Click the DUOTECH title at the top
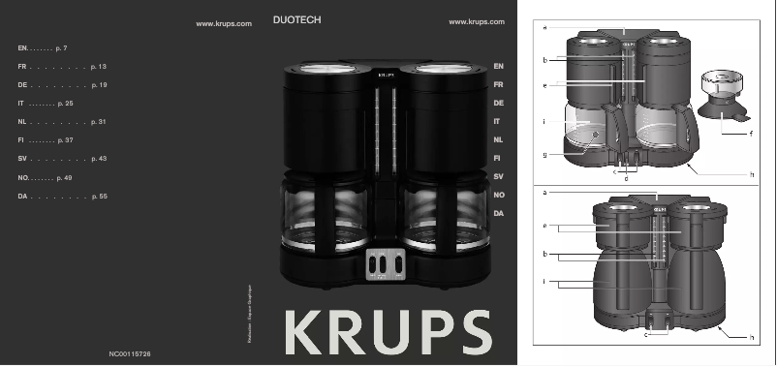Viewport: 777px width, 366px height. point(297,19)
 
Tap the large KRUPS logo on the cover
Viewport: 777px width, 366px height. point(387,331)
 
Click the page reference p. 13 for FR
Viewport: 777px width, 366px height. point(97,67)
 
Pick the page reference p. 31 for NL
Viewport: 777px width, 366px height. point(97,122)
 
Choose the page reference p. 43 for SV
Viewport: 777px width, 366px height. point(97,159)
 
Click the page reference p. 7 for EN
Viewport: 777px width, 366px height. point(63,47)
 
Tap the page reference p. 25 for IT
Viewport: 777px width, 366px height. point(66,104)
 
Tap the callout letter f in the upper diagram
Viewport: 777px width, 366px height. point(751,133)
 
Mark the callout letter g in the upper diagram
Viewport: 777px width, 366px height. point(545,154)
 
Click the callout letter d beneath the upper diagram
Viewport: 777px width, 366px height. point(627,178)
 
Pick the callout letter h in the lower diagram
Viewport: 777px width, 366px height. point(751,336)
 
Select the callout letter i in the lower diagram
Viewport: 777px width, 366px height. point(545,282)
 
